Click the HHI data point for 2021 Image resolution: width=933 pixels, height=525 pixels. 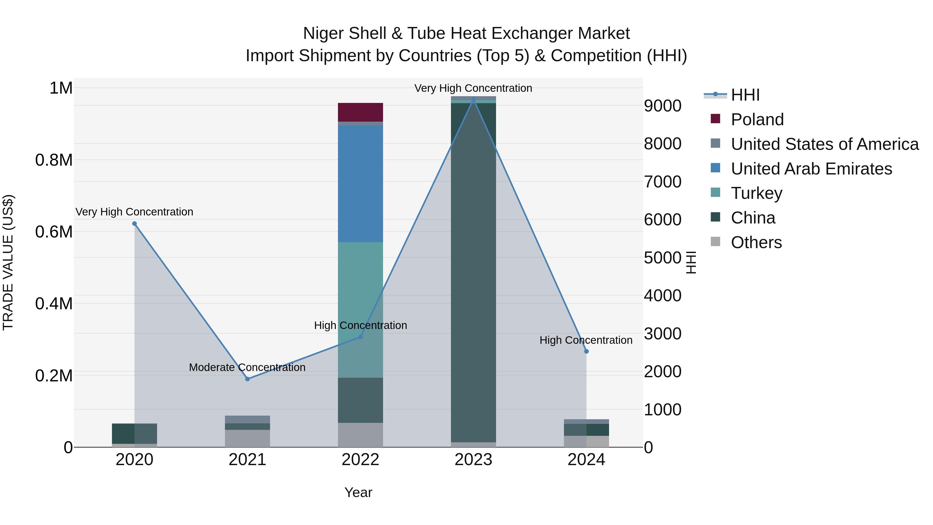pyautogui.click(x=248, y=379)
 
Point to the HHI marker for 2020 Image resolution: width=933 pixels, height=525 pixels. pyautogui.click(x=134, y=223)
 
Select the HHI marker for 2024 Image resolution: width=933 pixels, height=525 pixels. pyautogui.click(x=586, y=351)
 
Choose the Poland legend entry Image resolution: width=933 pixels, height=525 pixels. pyautogui.click(x=757, y=120)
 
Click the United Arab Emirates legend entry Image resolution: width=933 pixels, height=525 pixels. pyautogui.click(x=811, y=169)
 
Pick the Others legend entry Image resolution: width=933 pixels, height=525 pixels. pyautogui.click(x=756, y=242)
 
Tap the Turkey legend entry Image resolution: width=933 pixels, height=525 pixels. pyautogui.click(x=756, y=193)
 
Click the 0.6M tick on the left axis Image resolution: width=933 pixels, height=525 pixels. pyautogui.click(x=54, y=232)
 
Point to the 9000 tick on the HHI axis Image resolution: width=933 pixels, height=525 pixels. pyautogui.click(x=662, y=106)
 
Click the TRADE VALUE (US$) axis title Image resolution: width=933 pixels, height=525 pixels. pyautogui.click(x=8, y=262)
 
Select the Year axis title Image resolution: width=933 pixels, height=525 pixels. pyautogui.click(x=358, y=492)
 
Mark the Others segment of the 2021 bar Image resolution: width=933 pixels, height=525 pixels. pyautogui.click(x=248, y=438)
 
